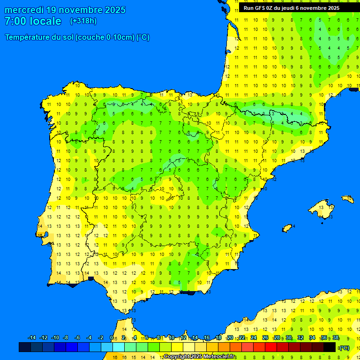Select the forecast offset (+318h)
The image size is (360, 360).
click(83, 21)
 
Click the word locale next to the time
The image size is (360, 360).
click(45, 21)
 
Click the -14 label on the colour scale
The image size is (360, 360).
click(32, 338)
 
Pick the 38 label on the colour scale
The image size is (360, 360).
click(336, 338)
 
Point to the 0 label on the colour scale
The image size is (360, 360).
click(111, 338)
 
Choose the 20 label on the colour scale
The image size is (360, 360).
click(230, 338)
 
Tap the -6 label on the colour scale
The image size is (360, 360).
click(77, 338)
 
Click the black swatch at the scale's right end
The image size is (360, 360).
click(330, 347)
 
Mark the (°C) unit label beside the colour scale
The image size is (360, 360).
click(344, 347)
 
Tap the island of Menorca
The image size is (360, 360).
click(348, 199)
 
